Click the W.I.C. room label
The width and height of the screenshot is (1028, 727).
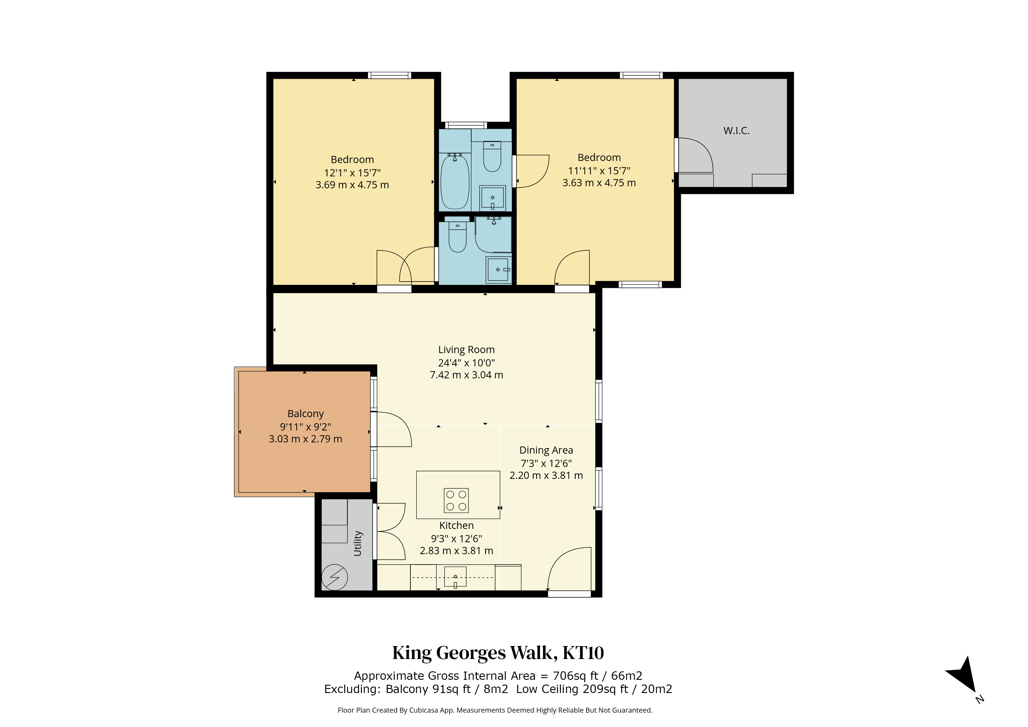pyautogui.click(x=736, y=131)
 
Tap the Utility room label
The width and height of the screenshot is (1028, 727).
pyautogui.click(x=358, y=543)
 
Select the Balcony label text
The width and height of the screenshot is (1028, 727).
pyautogui.click(x=305, y=414)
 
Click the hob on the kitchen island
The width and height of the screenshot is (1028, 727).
pyautogui.click(x=456, y=500)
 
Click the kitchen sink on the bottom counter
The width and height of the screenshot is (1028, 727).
pyautogui.click(x=455, y=577)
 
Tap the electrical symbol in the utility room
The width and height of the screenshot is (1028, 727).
pyautogui.click(x=334, y=577)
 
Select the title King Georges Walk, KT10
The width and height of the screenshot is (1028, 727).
pyautogui.click(x=498, y=653)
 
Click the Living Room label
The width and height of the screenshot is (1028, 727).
pyautogui.click(x=466, y=350)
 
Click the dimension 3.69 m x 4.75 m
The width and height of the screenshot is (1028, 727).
pyautogui.click(x=352, y=185)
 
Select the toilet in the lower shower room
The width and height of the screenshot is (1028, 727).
pyautogui.click(x=457, y=237)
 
